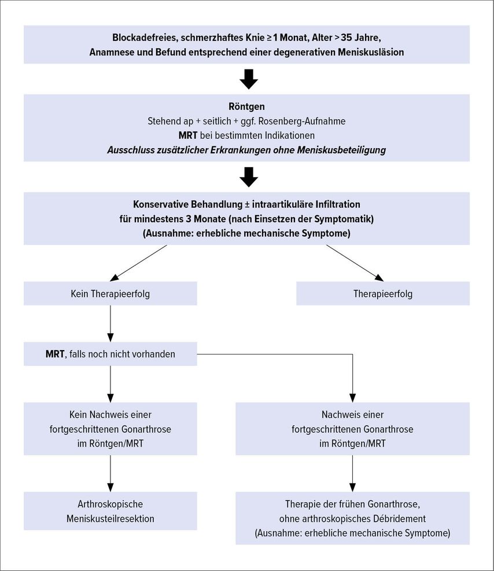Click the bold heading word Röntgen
pyautogui.click(x=246, y=106)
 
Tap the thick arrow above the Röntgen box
pyautogui.click(x=249, y=79)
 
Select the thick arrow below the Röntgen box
pyautogui.click(x=249, y=177)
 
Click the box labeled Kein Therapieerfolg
pyautogui.click(x=110, y=293)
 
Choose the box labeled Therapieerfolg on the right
pyautogui.click(x=383, y=293)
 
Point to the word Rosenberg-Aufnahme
pyautogui.click(x=302, y=121)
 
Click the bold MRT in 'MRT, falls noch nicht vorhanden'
pyautogui.click(x=55, y=353)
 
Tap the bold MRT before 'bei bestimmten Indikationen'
pyautogui.click(x=188, y=135)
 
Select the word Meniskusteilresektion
pyautogui.click(x=110, y=518)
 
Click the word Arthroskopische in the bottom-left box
pyautogui.click(x=110, y=504)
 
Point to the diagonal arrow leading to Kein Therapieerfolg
pyautogui.click(x=138, y=263)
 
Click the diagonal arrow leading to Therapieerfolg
pyautogui.click(x=355, y=263)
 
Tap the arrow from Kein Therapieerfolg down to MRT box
pyautogui.click(x=110, y=323)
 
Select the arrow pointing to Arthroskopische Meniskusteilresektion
pyautogui.click(x=110, y=473)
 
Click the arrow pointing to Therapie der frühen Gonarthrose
pyautogui.click(x=352, y=473)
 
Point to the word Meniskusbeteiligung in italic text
pyautogui.click(x=341, y=150)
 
